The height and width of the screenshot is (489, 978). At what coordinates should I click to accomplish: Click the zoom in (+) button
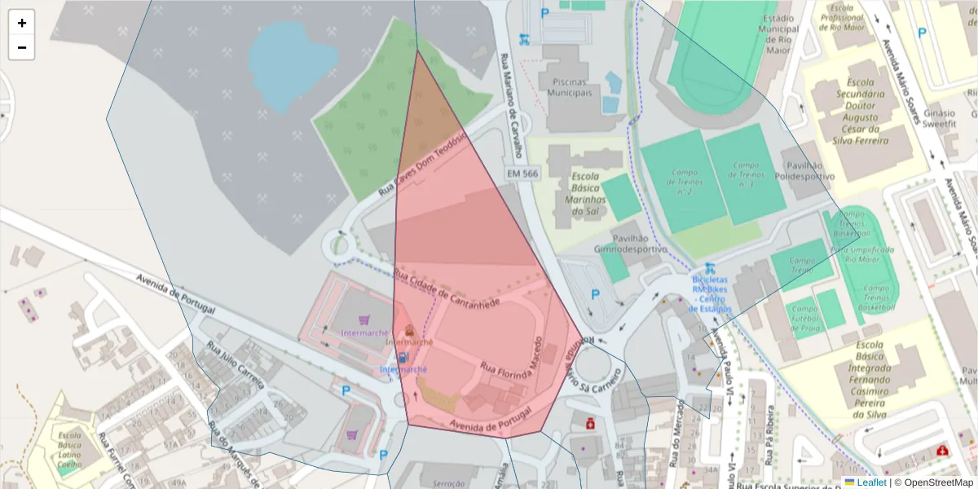point(22,23)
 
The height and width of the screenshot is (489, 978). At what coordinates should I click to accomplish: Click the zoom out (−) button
point(22,47)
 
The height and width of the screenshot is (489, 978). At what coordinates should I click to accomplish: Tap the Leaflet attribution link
point(872,482)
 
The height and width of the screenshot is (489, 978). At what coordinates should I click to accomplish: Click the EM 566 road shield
point(522,174)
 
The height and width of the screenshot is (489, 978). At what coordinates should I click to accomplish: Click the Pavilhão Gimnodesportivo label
point(630,242)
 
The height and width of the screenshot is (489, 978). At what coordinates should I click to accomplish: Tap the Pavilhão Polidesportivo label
point(804,169)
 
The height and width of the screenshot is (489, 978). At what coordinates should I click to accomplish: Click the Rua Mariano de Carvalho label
point(511,106)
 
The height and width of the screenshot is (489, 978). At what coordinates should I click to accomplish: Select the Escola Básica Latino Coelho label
point(75,449)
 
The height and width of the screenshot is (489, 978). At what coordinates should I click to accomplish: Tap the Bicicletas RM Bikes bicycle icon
point(709,267)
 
